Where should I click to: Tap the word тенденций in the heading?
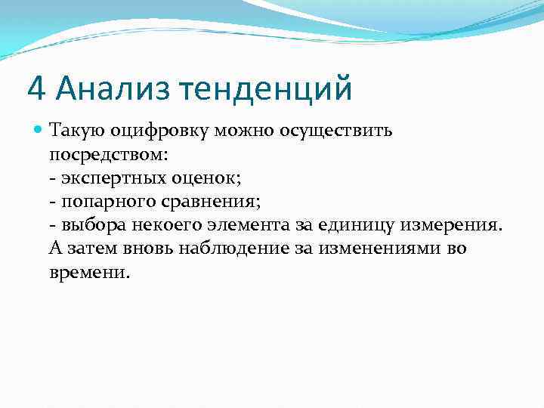tap(265, 88)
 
